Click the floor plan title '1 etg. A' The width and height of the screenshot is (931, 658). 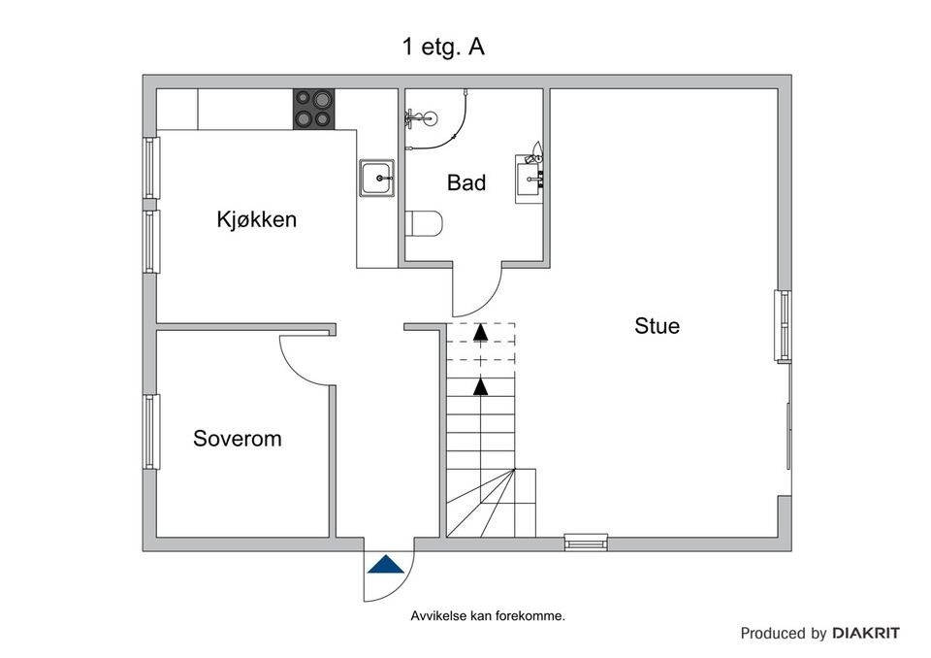[x=442, y=47]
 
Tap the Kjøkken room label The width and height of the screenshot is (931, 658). [x=256, y=219]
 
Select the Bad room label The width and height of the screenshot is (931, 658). [x=466, y=182]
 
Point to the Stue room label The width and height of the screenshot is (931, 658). [x=657, y=325]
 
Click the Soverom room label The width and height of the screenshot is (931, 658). [x=238, y=438]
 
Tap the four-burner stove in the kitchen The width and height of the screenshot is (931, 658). [x=314, y=109]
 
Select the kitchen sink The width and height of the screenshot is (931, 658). [x=376, y=178]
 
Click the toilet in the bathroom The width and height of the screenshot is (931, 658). [x=424, y=223]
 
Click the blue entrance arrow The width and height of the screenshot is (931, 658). [x=385, y=565]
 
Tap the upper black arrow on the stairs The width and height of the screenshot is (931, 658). [x=480, y=332]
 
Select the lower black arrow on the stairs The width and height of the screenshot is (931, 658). [x=480, y=385]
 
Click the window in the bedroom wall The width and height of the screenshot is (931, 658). [x=150, y=432]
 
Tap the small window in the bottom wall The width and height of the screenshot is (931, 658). [x=586, y=543]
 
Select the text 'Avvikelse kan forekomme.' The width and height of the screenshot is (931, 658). [x=488, y=615]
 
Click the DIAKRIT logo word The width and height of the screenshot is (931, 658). [x=866, y=633]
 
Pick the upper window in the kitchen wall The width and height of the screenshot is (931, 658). [x=150, y=168]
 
